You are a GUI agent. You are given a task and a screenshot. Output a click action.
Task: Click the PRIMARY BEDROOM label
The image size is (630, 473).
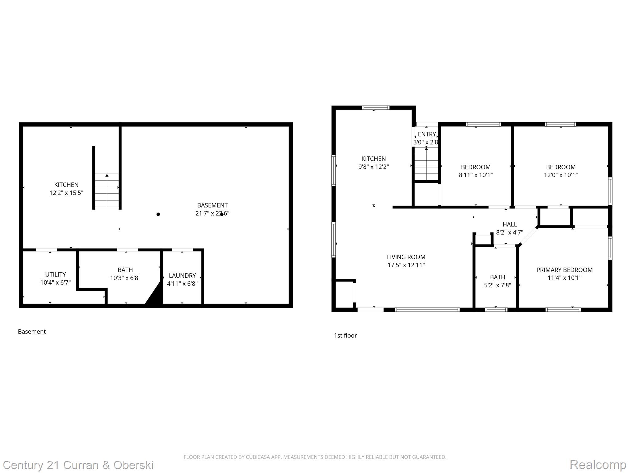[564, 270]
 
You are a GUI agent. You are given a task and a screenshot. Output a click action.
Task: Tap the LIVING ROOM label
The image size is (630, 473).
[406, 257]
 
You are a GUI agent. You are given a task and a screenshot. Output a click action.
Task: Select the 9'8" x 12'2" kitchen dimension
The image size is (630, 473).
[373, 167]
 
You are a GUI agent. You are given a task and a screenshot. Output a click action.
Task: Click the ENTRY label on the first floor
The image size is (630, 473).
[427, 134]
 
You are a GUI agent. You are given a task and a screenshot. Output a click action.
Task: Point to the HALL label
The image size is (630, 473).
[509, 224]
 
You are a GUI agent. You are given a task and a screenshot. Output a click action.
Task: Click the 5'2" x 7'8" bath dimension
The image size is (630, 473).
[497, 285]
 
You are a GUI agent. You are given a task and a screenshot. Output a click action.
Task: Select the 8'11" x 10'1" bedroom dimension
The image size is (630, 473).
[476, 175]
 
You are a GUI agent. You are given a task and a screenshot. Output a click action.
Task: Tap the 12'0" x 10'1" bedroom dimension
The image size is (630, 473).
[560, 175]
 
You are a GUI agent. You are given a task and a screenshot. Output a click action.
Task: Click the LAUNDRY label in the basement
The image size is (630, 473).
[182, 276]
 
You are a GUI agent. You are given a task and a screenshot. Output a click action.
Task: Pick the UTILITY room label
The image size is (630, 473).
[55, 274]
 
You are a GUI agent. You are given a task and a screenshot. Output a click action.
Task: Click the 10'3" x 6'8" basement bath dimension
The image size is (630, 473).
[125, 278]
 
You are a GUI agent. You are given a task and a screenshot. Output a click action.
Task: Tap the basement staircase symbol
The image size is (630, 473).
[107, 190]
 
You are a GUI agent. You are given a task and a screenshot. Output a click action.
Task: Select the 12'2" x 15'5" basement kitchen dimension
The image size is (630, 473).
[66, 193]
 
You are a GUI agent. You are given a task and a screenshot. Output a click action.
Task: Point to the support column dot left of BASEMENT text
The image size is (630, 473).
[158, 214]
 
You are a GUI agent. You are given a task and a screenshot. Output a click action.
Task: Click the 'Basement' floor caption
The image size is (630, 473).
[32, 332]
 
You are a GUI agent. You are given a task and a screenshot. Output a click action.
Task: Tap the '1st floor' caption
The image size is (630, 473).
[345, 336]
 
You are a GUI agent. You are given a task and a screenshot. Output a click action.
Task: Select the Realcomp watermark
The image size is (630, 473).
[598, 464]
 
